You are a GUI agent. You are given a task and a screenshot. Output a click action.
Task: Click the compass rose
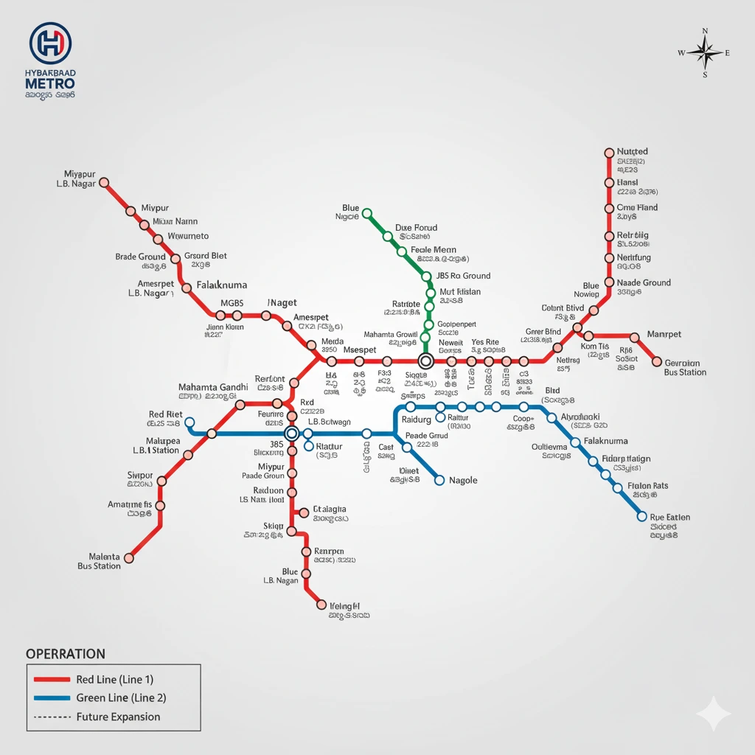[705, 52]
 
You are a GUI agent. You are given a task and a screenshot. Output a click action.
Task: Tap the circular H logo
[50, 43]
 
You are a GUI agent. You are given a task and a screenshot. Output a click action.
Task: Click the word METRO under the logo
[49, 84]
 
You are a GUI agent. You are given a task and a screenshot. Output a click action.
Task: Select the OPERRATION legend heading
[66, 654]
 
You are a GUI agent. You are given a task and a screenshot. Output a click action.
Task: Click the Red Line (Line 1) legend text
[114, 679]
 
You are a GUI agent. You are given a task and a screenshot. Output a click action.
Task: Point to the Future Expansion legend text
[118, 717]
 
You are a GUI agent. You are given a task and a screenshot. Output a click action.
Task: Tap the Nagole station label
[463, 481]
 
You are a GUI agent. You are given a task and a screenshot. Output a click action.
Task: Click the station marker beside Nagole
[440, 481]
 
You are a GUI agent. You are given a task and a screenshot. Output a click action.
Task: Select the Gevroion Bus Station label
[685, 367]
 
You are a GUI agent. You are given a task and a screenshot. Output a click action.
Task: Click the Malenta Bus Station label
[100, 561]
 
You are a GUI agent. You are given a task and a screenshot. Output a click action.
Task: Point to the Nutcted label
[633, 151]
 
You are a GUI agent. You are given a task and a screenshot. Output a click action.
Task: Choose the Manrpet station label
[664, 334]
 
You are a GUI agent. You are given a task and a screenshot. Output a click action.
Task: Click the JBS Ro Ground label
[463, 276]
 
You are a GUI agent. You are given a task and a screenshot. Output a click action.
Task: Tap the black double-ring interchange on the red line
[425, 361]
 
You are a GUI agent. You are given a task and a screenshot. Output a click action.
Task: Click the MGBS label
[243, 303]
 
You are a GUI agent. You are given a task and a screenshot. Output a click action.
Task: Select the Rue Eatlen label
[670, 517]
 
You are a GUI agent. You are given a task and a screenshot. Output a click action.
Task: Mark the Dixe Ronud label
[416, 228]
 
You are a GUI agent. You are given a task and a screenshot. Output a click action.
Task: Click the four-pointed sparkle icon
[713, 714]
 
